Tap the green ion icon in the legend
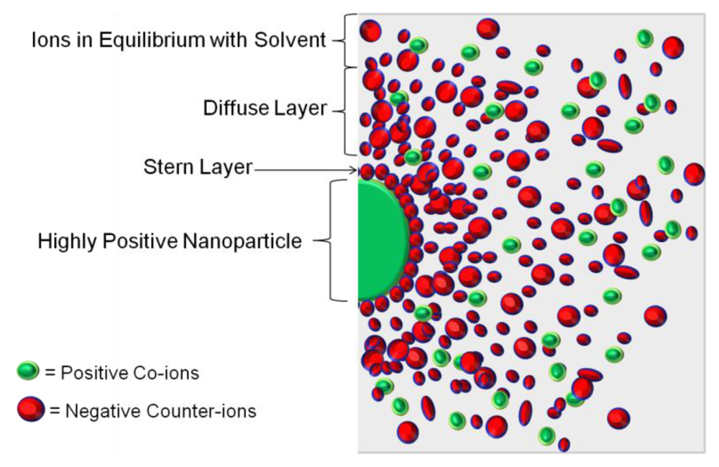pos(29,371)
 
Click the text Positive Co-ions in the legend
pos(130,373)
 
